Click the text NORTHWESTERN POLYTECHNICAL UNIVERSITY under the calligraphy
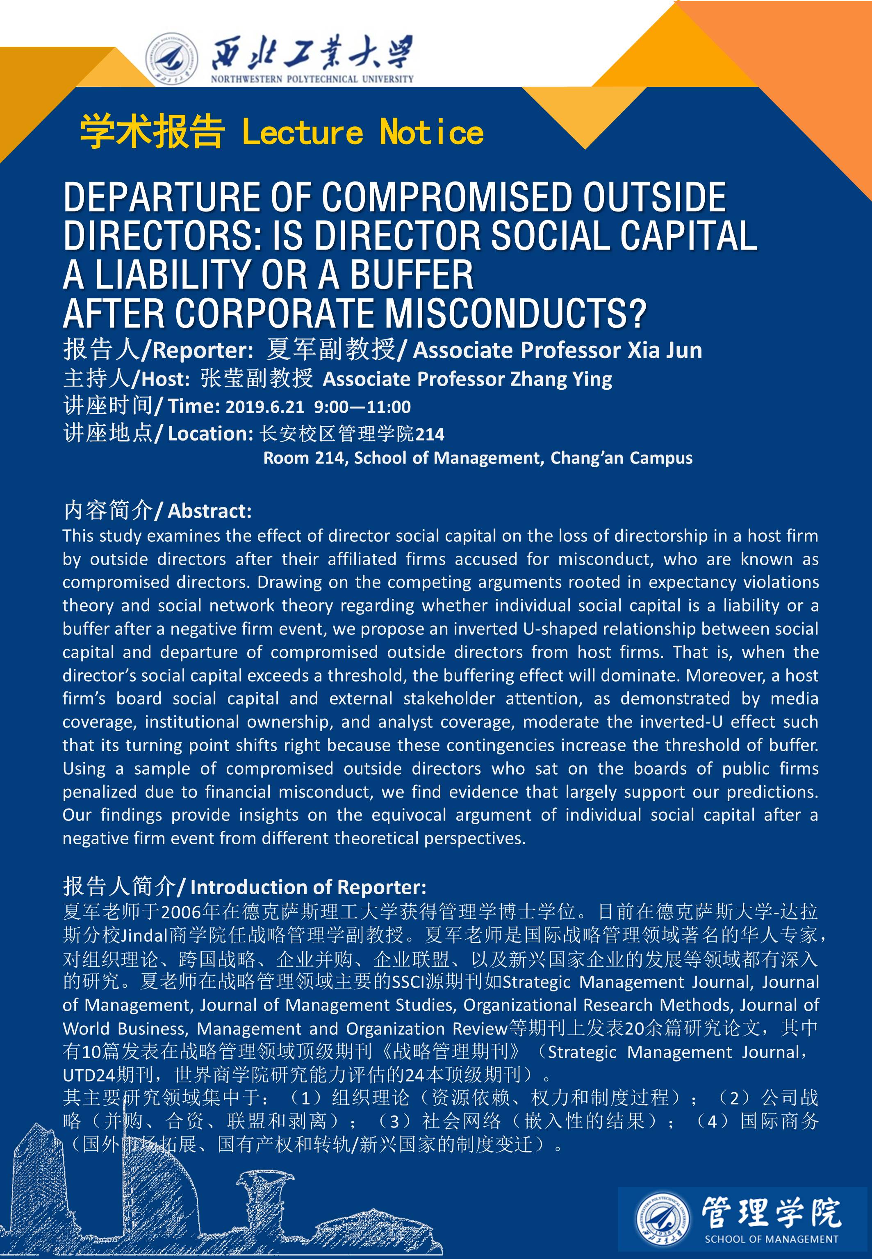312,79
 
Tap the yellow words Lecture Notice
363,133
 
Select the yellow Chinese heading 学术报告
152,133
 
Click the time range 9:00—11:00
362,407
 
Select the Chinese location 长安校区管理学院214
352,434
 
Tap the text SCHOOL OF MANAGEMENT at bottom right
771,1239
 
